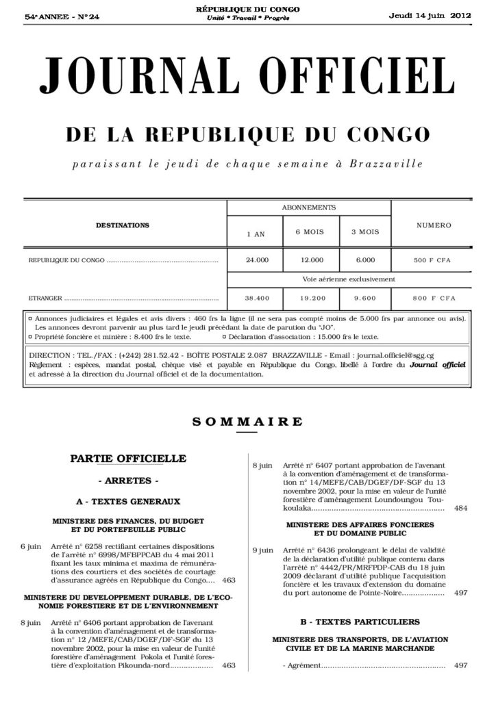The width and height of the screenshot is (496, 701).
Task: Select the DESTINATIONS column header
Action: (123, 225)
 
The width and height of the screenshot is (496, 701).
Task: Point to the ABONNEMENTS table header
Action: (308, 206)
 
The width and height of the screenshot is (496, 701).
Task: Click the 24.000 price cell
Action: (257, 261)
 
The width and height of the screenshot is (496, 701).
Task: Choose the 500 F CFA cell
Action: (433, 261)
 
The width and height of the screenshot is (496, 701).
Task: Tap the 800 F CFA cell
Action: (433, 298)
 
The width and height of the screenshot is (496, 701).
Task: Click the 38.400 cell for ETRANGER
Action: (257, 298)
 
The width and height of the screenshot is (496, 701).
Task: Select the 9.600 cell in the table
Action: (365, 298)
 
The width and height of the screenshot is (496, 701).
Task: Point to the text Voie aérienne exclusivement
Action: (348, 279)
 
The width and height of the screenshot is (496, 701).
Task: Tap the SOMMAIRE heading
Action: (247, 422)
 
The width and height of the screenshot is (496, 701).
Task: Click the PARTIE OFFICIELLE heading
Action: (128, 458)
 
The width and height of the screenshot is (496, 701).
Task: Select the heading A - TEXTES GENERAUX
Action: (128, 501)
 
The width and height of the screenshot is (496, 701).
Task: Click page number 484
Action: (460, 509)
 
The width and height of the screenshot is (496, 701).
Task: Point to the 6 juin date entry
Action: (32, 547)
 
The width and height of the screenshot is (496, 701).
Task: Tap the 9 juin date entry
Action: (263, 550)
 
